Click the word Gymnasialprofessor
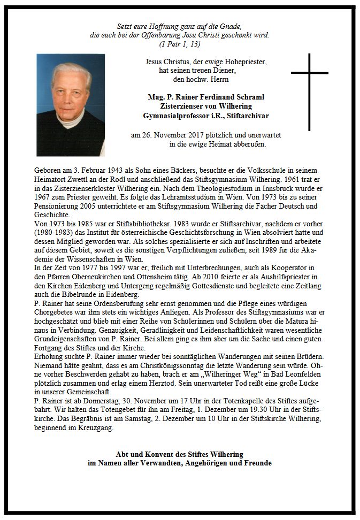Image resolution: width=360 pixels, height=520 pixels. click(x=174, y=115)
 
